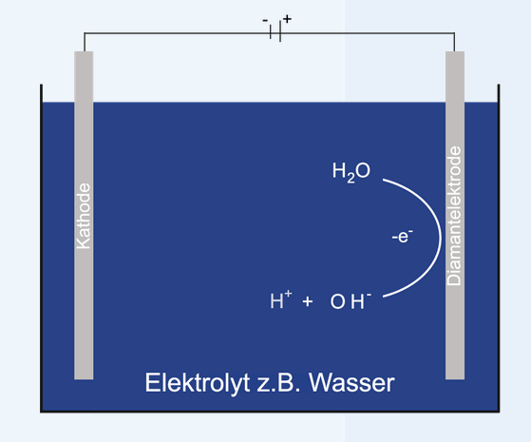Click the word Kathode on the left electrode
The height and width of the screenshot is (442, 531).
coord(84,217)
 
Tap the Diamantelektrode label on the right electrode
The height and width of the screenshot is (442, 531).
coord(454,216)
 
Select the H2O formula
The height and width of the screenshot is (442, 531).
coord(351,172)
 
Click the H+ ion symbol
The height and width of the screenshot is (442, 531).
coord(280,299)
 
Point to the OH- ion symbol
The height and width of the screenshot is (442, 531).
coord(351,300)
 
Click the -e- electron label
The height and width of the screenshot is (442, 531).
coord(403,236)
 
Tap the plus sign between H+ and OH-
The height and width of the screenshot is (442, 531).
coord(308,301)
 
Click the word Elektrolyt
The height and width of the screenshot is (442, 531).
coord(198,383)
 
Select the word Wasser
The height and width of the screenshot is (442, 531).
coord(351,383)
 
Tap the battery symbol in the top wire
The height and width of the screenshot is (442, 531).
coord(275,33)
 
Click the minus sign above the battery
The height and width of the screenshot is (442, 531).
coord(265,20)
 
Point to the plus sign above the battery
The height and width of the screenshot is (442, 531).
coord(287,19)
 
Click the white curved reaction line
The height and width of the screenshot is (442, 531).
coord(440,238)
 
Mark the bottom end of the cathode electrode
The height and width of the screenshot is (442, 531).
coord(84,378)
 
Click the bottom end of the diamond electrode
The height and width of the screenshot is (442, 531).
coord(455,378)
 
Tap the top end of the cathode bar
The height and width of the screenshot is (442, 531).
coord(84,52)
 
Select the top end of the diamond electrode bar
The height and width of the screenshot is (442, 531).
coord(455,52)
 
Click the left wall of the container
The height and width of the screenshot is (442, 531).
coord(41,248)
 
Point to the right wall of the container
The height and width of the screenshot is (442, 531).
coord(499,248)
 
